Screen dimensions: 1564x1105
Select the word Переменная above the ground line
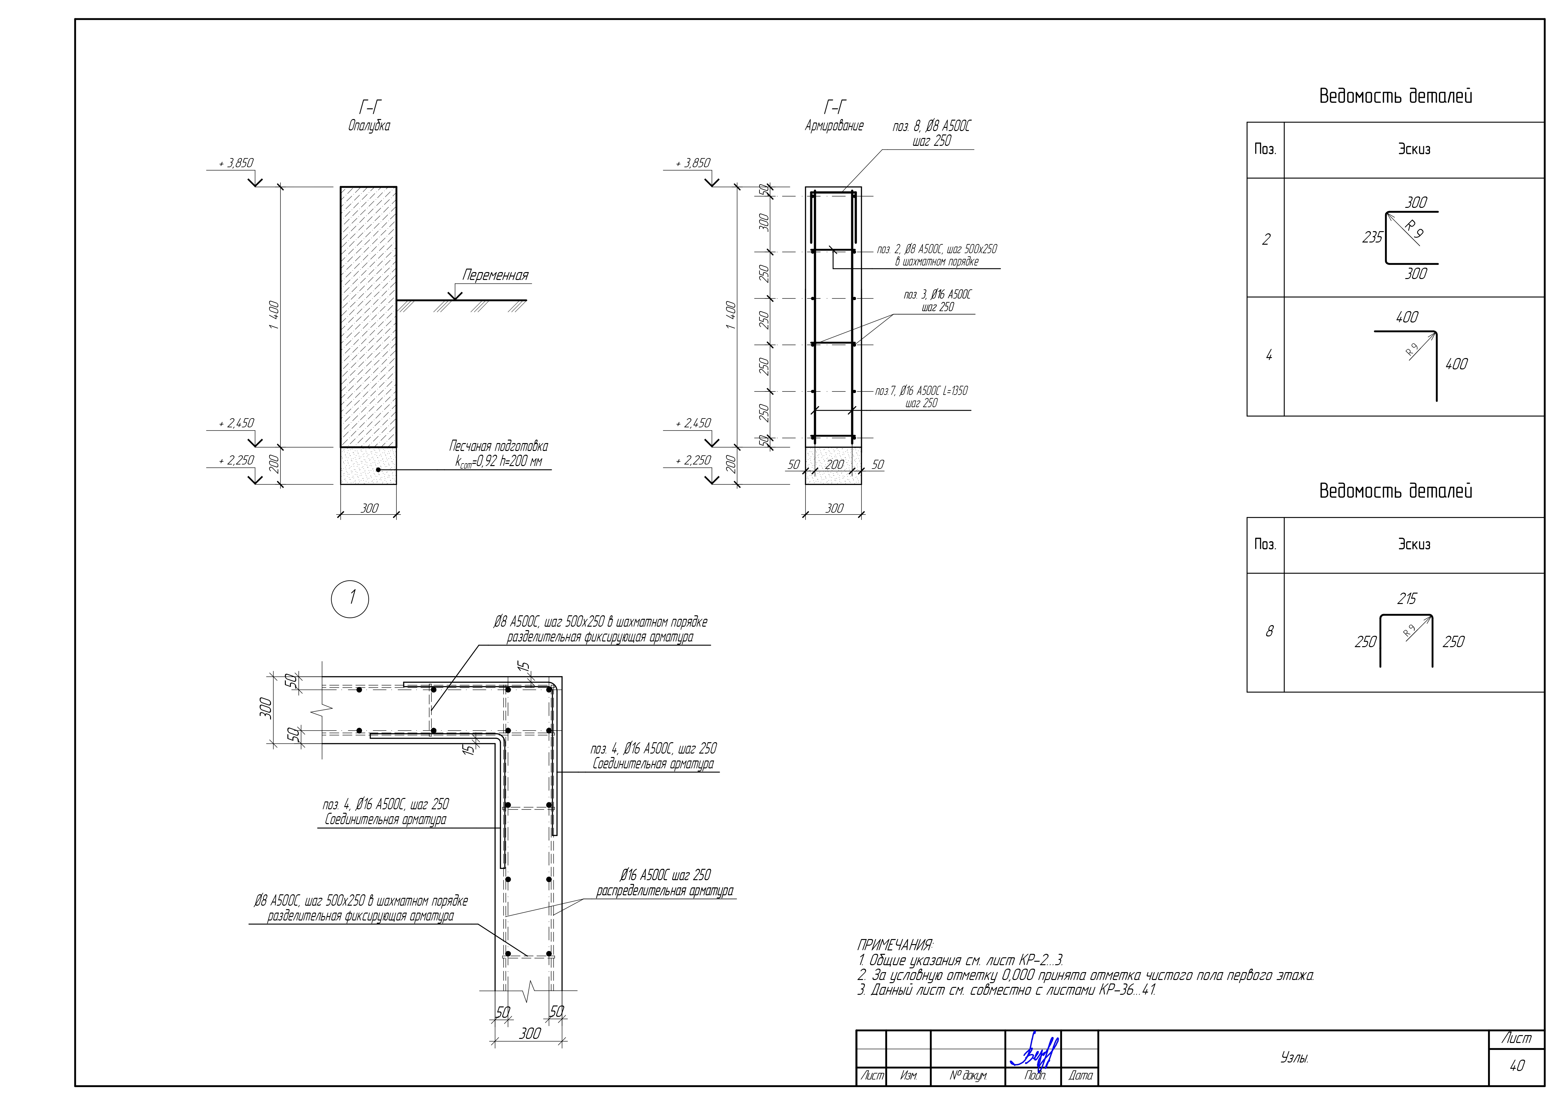click(495, 275)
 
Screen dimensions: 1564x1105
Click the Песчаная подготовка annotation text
click(499, 446)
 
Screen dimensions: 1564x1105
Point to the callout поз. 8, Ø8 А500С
click(932, 127)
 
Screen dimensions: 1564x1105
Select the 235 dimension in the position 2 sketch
click(1372, 237)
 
